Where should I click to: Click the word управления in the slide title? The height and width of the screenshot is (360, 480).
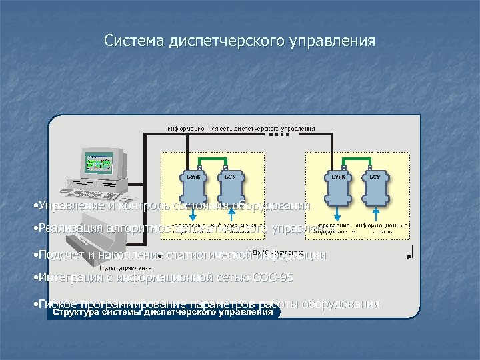(333, 41)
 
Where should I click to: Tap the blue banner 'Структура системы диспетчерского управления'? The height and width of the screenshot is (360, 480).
(163, 312)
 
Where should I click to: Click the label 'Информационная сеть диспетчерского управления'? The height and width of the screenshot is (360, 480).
(241, 128)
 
